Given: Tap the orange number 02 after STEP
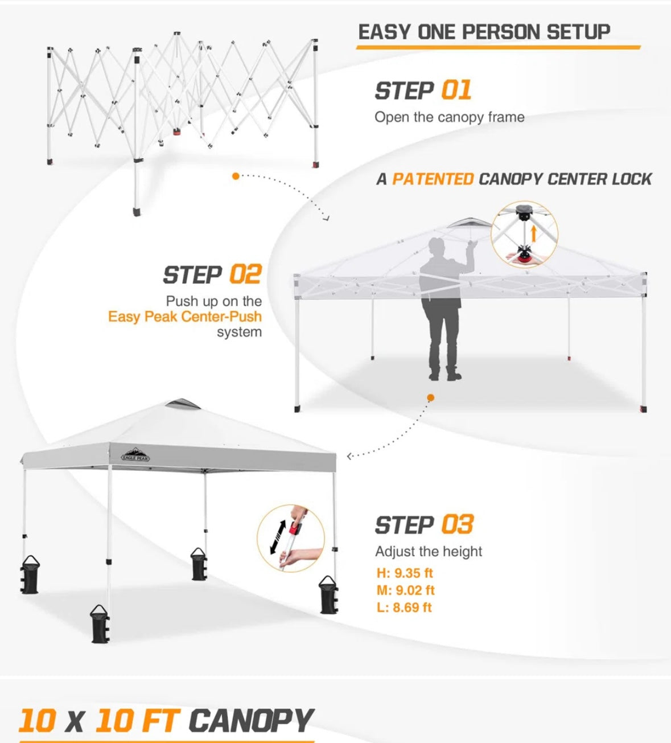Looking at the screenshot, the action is pos(245,274).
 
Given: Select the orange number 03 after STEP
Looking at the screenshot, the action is pos(458,524).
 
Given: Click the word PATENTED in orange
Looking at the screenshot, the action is pos(433,179).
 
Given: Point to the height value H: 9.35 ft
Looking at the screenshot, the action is pos(405,573).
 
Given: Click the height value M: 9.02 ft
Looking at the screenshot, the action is pos(405,590).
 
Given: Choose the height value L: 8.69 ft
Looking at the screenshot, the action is pos(404,607).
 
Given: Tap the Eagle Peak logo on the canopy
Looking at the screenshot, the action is pos(135,454).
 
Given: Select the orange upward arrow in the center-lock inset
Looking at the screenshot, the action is pos(534,233).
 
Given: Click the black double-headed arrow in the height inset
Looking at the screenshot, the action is pos(278,537).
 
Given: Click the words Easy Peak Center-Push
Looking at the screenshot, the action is pos(185,317).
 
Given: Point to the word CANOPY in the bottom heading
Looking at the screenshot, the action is pos(252,721).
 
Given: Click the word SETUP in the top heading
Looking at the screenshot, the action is pos(578,32).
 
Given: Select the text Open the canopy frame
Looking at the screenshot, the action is pos(450,117).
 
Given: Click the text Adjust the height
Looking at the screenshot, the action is pos(429,552).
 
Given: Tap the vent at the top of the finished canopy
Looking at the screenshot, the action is pos(182,403).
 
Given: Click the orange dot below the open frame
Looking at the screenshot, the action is pos(236,176).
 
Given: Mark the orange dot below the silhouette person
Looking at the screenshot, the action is pos(430,397).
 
